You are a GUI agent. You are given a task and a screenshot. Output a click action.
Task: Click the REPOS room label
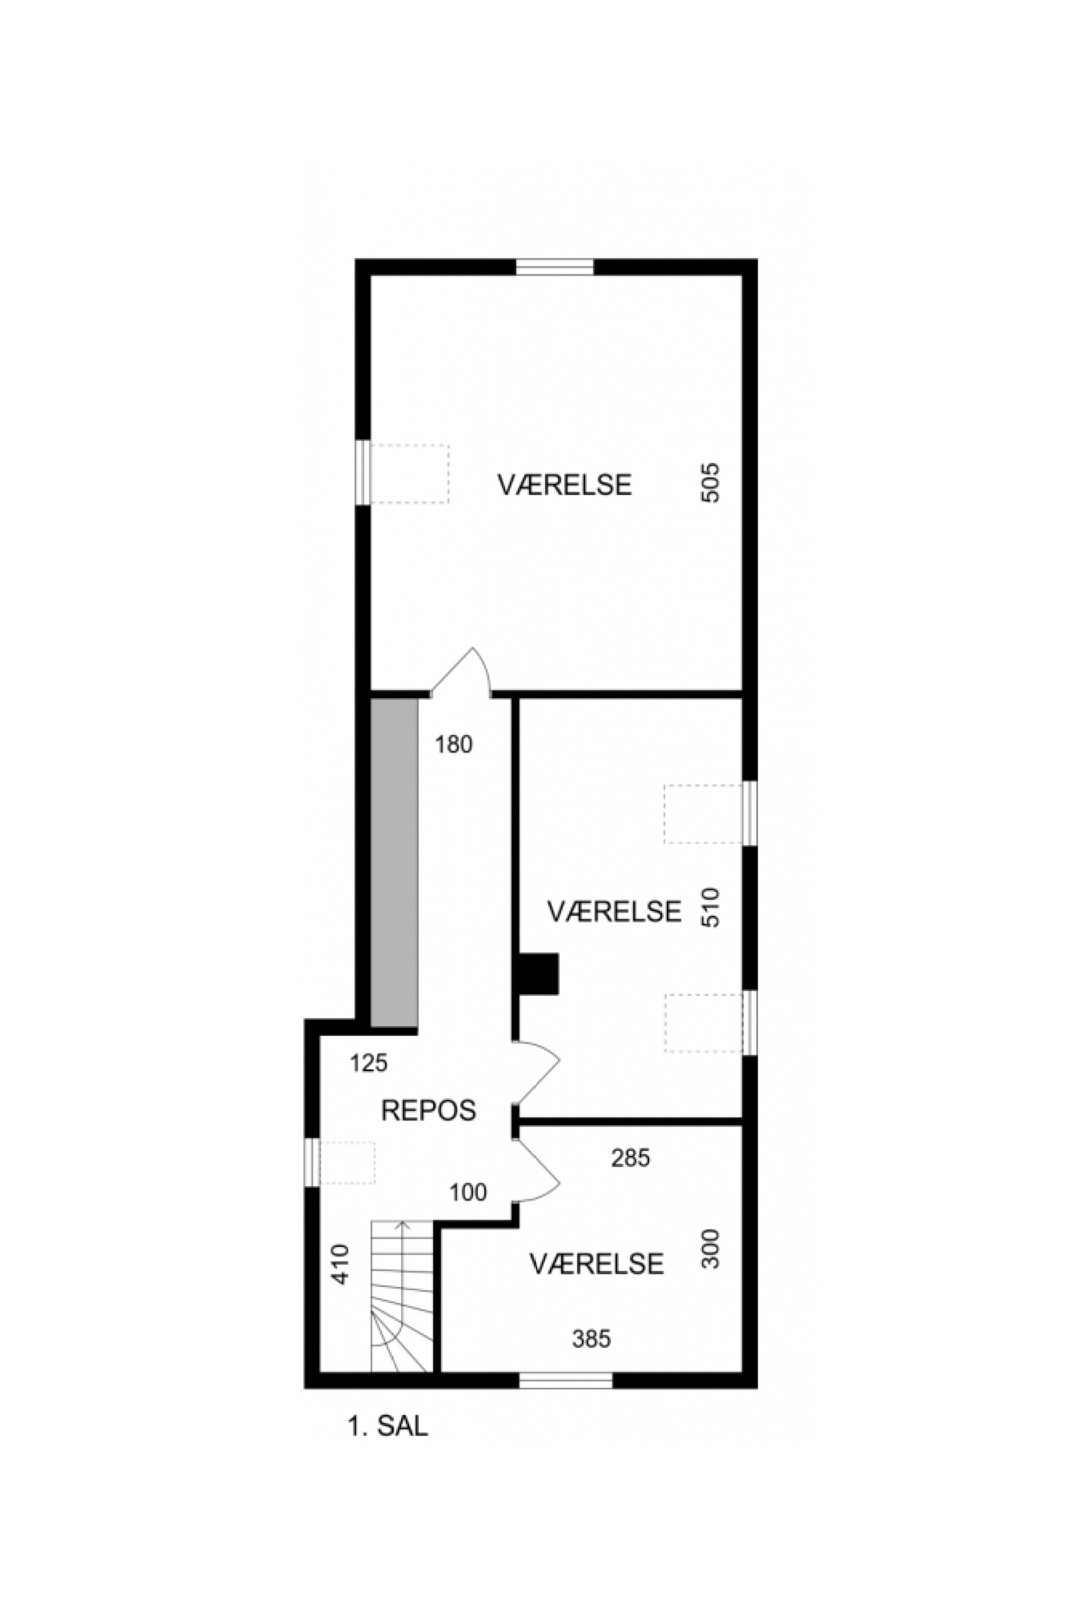click(x=428, y=1110)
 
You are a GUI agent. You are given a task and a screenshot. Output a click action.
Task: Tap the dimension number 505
click(x=711, y=483)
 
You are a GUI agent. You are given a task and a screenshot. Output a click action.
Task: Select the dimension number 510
click(x=711, y=907)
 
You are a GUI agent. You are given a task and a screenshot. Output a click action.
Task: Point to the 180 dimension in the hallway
click(x=454, y=744)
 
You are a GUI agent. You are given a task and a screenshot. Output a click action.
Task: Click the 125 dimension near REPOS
click(x=369, y=1063)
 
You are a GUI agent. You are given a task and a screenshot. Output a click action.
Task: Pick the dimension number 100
click(x=469, y=1192)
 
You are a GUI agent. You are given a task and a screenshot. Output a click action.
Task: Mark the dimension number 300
click(x=711, y=1249)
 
